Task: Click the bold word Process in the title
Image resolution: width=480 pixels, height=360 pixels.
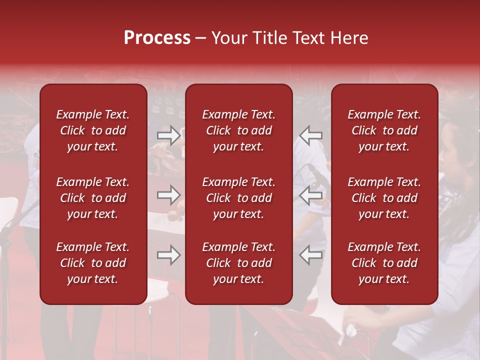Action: (x=157, y=38)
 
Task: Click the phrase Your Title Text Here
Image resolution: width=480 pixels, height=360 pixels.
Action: (x=289, y=38)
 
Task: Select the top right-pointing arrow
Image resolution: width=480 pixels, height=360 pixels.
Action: (x=168, y=135)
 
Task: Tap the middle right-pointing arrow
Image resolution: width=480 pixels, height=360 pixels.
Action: (x=168, y=195)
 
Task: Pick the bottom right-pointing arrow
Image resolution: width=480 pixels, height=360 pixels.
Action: (x=168, y=255)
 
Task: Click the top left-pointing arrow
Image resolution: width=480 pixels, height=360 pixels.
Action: (x=311, y=135)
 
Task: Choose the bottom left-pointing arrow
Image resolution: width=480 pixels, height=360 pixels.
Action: (x=311, y=255)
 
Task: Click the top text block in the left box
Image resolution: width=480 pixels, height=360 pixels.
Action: (x=93, y=130)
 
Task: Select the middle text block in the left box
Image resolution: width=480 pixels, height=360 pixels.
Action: (x=93, y=198)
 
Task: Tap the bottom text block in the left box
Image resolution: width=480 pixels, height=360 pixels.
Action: (x=93, y=263)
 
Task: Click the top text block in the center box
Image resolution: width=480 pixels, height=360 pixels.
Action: (x=238, y=130)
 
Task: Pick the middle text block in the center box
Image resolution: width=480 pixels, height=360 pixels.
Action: (x=238, y=198)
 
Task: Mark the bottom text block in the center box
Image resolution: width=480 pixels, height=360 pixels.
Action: (x=238, y=263)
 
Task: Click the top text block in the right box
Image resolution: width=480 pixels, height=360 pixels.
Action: (x=384, y=130)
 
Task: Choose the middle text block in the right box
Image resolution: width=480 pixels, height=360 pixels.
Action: (x=384, y=198)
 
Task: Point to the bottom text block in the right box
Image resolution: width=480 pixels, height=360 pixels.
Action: (x=384, y=263)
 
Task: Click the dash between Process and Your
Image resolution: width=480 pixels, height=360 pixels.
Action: (x=200, y=38)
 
